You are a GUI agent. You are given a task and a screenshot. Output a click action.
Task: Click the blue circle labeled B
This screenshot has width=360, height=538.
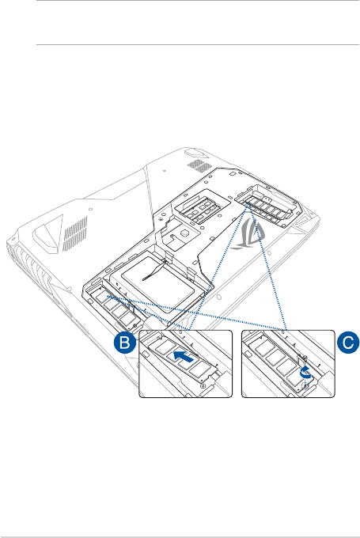click(x=124, y=343)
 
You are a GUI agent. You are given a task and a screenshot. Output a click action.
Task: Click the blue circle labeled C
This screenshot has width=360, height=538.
click(x=348, y=343)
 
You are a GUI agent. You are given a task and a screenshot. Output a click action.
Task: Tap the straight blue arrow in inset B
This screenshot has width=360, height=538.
click(x=184, y=357)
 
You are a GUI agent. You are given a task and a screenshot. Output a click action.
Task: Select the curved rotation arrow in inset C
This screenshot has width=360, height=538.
click(x=305, y=373)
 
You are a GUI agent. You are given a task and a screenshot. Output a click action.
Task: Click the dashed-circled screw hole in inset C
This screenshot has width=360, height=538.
click(x=305, y=386)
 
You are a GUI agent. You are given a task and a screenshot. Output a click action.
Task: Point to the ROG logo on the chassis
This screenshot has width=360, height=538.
click(x=248, y=234)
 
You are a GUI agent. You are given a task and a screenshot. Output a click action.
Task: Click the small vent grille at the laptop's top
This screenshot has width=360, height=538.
click(x=199, y=165)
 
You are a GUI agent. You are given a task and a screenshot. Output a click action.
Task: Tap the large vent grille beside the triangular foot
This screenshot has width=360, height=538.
click(x=75, y=233)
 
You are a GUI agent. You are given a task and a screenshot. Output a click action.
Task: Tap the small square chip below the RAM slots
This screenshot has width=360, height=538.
click(x=185, y=233)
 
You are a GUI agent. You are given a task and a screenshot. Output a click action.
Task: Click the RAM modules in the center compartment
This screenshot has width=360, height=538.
click(x=199, y=209)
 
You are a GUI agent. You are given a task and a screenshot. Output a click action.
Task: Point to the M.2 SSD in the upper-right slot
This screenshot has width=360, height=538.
click(x=267, y=207)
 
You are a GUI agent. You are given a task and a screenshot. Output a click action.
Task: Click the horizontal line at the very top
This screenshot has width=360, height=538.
click(x=198, y=0)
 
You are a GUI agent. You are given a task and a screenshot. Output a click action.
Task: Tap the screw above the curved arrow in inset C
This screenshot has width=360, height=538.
click(x=305, y=358)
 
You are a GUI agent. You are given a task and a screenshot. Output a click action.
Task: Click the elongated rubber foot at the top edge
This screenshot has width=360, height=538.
click(x=195, y=153)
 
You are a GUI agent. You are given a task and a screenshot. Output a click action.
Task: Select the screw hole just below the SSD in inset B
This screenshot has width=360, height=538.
click(x=203, y=386)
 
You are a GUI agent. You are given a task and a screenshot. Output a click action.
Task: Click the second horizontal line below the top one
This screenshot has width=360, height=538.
click(x=198, y=44)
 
